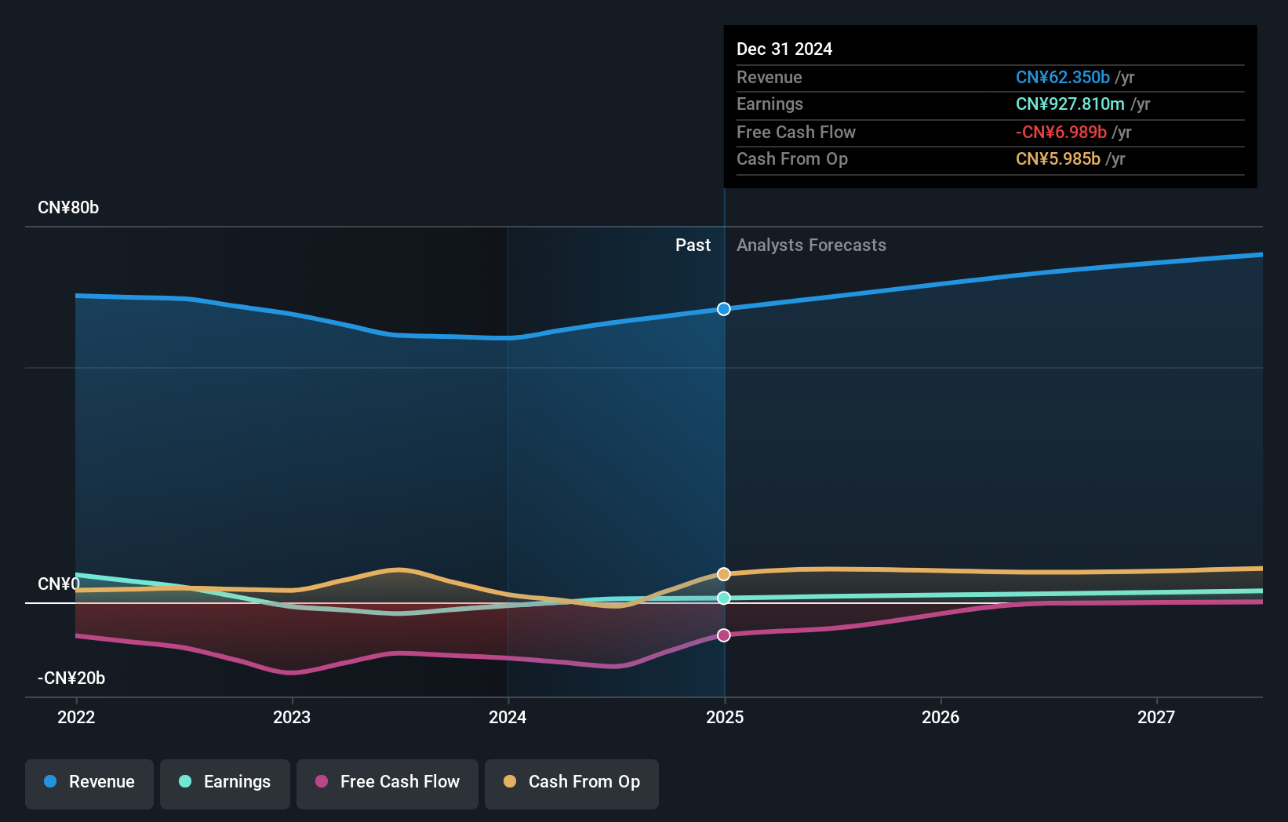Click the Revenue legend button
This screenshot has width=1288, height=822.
pyautogui.click(x=89, y=783)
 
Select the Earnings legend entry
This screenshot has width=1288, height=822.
pyautogui.click(x=225, y=783)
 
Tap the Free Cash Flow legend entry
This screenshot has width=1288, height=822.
pyautogui.click(x=387, y=783)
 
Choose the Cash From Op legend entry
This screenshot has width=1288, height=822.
pyautogui.click(x=572, y=783)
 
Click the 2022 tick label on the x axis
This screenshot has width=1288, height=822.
pyautogui.click(x=76, y=717)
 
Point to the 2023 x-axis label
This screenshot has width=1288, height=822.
pyautogui.click(x=292, y=717)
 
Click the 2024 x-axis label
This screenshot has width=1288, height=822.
pyautogui.click(x=508, y=717)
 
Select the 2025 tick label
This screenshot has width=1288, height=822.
pyautogui.click(x=725, y=717)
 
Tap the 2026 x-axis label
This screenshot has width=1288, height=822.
pyautogui.click(x=941, y=717)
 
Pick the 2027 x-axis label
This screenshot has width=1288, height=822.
pyautogui.click(x=1156, y=717)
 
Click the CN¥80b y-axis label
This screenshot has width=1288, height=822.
pyautogui.click(x=68, y=208)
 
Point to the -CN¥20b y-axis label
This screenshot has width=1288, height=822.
pyautogui.click(x=71, y=678)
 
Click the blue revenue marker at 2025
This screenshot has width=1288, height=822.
pyautogui.click(x=724, y=309)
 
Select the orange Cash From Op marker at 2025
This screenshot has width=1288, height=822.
pyautogui.click(x=724, y=574)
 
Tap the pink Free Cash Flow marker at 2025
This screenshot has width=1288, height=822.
pyautogui.click(x=724, y=635)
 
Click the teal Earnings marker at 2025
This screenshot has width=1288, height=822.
pyautogui.click(x=724, y=598)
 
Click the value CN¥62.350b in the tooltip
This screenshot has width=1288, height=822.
pyautogui.click(x=1062, y=78)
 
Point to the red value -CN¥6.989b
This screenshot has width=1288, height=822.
pyautogui.click(x=1061, y=133)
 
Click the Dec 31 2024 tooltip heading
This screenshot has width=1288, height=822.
pyautogui.click(x=784, y=49)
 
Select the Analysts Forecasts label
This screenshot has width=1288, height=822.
pyautogui.click(x=811, y=246)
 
